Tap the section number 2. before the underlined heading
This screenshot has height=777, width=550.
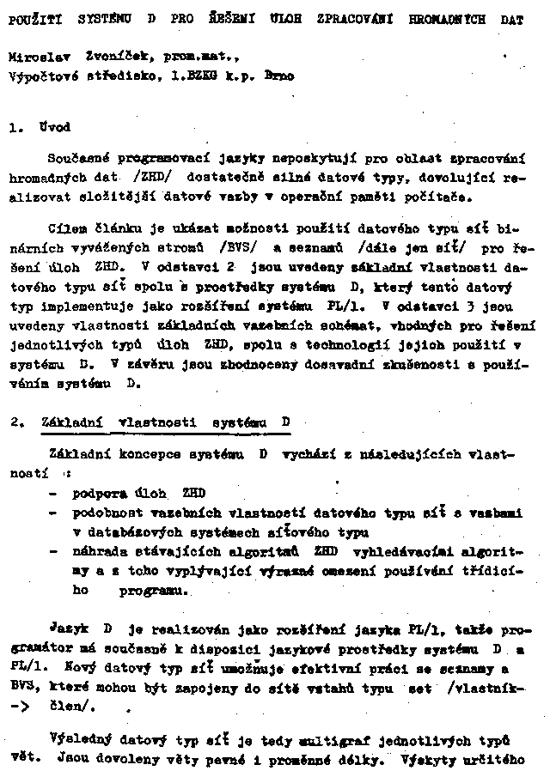pos(17,422)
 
